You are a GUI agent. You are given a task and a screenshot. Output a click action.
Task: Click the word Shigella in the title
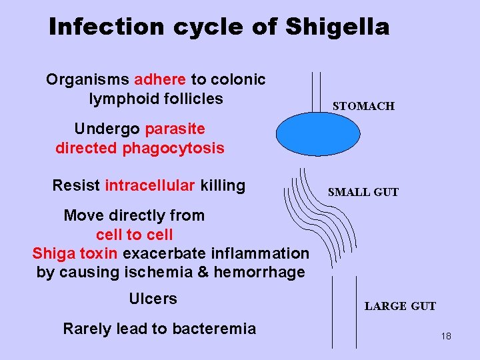(x=337, y=27)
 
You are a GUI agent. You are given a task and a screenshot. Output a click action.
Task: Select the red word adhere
(x=160, y=80)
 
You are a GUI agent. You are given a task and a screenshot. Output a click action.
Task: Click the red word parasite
(x=175, y=128)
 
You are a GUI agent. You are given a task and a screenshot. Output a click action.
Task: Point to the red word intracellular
(x=149, y=185)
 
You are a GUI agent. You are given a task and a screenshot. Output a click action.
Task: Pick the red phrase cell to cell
(x=134, y=235)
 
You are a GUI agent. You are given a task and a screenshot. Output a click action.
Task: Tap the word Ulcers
(x=153, y=299)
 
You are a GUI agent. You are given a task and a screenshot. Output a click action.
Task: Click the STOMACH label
(x=363, y=106)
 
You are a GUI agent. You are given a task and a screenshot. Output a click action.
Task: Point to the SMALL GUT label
(x=363, y=192)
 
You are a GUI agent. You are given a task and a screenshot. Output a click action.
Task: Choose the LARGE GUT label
(x=400, y=306)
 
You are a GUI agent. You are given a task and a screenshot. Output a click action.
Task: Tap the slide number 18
(x=446, y=336)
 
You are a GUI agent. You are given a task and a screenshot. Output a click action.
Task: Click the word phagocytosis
(x=173, y=147)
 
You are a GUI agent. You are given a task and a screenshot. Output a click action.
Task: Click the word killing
(x=222, y=185)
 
